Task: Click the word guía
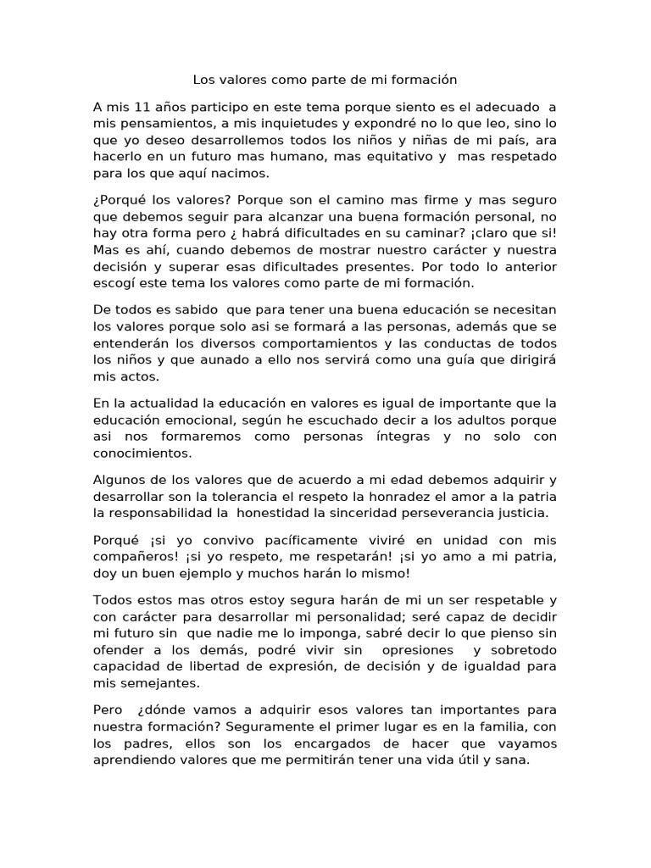coord(486,360)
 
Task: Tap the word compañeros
coord(137,556)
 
